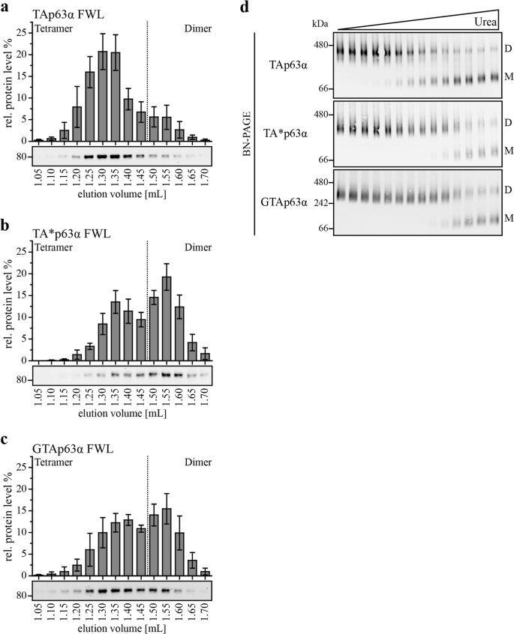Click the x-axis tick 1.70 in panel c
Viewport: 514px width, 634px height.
(205, 615)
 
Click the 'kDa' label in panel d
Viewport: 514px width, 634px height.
(320, 23)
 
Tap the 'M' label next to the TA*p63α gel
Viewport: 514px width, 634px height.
(508, 151)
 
